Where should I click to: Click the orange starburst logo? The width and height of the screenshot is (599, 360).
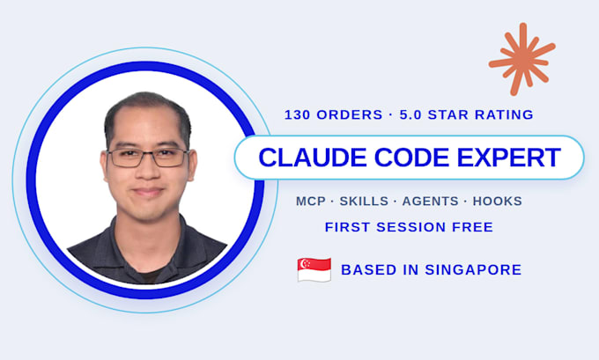(521, 59)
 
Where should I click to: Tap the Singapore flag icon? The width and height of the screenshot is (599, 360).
(314, 269)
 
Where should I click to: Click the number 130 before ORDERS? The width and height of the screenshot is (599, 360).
(297, 114)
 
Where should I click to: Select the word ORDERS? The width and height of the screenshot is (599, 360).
(350, 114)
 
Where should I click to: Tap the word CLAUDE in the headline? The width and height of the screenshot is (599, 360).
(313, 158)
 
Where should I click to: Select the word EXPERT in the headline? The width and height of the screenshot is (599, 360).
(509, 158)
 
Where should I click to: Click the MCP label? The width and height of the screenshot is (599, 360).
(311, 202)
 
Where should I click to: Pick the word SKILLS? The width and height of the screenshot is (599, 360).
(364, 202)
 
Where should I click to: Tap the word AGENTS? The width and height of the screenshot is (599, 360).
(431, 202)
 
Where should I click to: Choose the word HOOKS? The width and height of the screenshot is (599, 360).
(498, 202)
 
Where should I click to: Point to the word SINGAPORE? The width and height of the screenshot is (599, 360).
(473, 270)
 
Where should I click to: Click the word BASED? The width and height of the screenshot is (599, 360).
(369, 270)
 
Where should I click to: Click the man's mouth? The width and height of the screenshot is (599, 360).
(148, 192)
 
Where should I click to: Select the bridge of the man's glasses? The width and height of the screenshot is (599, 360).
(148, 153)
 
